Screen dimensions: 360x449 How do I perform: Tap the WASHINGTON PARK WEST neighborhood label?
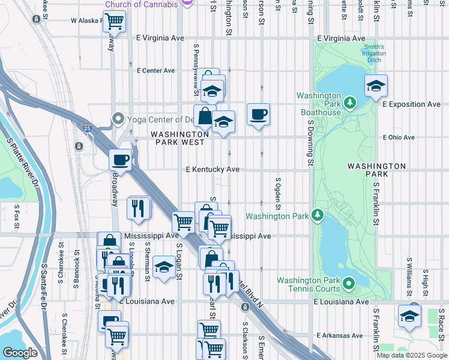click(180, 139)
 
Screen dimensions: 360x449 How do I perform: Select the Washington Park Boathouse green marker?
click(351, 104)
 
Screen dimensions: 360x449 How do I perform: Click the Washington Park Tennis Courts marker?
click(348, 281)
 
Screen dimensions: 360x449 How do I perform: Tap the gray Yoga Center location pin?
click(118, 117)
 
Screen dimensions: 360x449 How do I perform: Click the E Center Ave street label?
click(155, 71)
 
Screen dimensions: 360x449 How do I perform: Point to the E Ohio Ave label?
click(399, 137)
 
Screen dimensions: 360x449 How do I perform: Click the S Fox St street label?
click(16, 218)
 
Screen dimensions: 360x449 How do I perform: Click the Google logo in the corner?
click(20, 352)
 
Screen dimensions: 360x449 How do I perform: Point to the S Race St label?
click(440, 327)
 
